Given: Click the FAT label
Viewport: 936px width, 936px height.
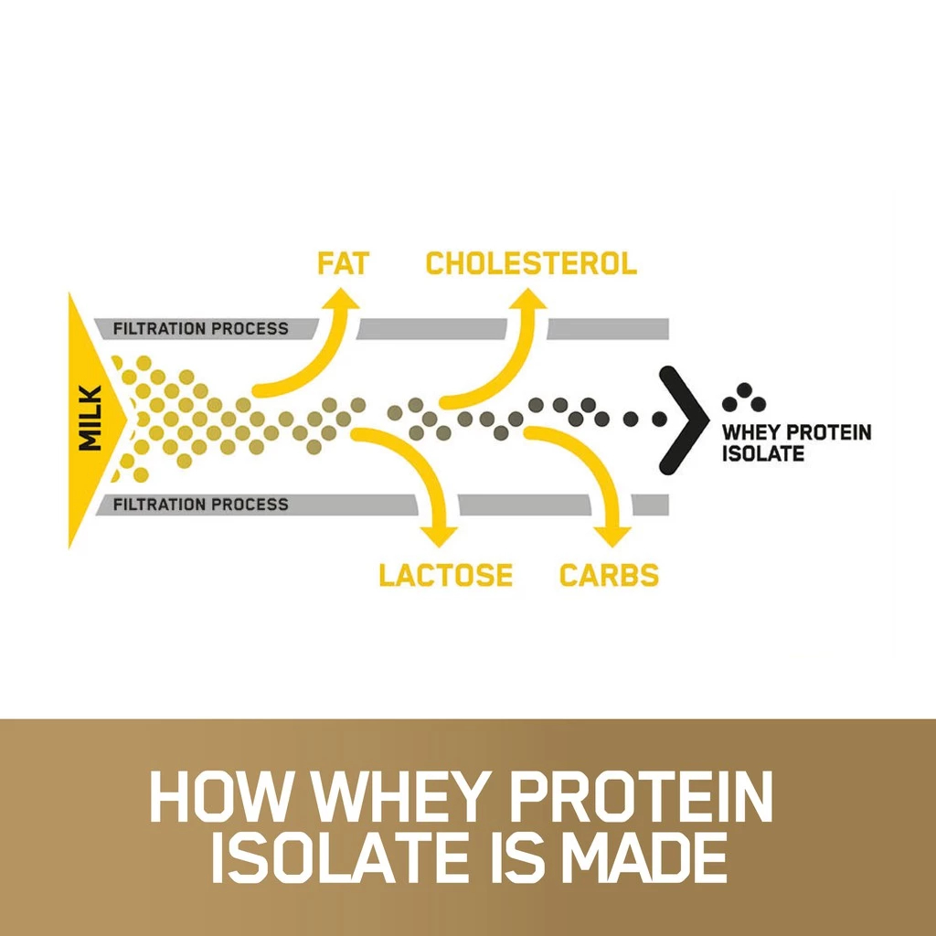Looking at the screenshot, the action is tap(344, 263).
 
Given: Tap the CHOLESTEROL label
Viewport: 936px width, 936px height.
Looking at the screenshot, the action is tap(531, 263).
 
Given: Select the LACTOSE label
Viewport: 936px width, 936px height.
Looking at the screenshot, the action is tap(446, 575).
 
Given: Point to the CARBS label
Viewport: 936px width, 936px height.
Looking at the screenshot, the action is tap(609, 575).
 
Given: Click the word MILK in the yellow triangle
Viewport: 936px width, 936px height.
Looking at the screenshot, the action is tap(91, 418).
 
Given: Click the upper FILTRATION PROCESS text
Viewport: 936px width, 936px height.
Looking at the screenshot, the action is tap(200, 329).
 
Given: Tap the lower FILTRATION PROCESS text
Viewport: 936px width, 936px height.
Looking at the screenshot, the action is tap(200, 505).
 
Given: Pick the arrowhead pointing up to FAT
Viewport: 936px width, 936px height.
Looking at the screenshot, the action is tap(341, 299).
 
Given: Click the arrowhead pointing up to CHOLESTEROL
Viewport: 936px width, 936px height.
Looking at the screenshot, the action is tap(527, 299).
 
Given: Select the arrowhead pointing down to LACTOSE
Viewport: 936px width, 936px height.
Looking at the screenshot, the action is tap(439, 537).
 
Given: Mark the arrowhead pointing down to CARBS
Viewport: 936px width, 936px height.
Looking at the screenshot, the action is tap(612, 537).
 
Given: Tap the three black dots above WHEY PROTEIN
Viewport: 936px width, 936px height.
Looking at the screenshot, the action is tap(744, 398).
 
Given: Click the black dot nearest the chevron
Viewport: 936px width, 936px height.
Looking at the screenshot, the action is tap(659, 419).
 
